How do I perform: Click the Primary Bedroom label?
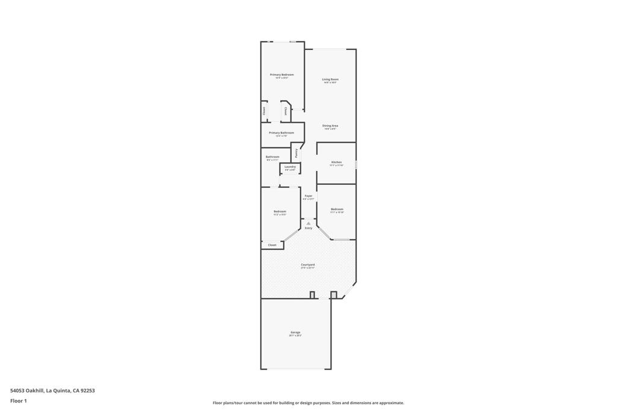[x=281, y=75]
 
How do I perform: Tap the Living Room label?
[x=330, y=79]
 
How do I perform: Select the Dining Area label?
[x=330, y=126]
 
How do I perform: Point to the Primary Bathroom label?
[x=281, y=133]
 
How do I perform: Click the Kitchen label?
[x=336, y=162]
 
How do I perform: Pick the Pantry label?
[x=296, y=153]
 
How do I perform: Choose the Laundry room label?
[x=290, y=167]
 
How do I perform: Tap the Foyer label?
[x=308, y=196]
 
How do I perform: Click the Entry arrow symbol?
[x=308, y=223]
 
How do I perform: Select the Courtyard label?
[x=308, y=265]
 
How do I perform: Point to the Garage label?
[x=295, y=332]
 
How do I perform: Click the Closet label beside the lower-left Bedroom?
[x=272, y=245]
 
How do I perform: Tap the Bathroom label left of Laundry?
[x=272, y=157]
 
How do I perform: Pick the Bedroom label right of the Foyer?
[x=337, y=209]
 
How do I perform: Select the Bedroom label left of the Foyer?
[x=280, y=211]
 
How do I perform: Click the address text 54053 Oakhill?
[x=27, y=391]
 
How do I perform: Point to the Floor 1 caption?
[x=19, y=401]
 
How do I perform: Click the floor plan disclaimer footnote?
[x=308, y=403]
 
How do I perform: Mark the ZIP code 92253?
[x=88, y=391]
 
